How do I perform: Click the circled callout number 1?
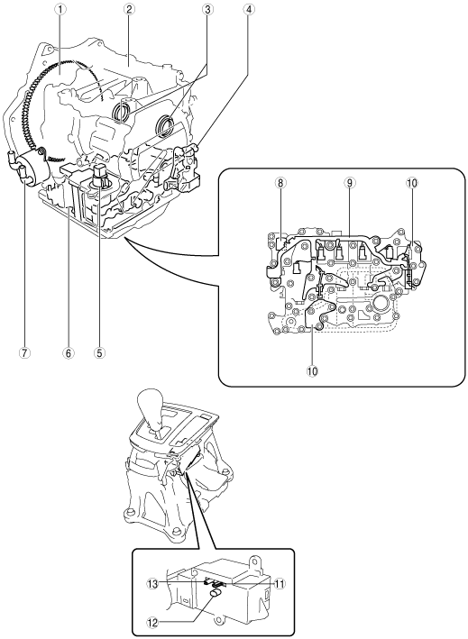point(60,9)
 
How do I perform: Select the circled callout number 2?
point(128,9)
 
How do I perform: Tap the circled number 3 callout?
point(207,9)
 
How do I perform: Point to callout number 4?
point(247,9)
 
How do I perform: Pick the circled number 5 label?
point(99,352)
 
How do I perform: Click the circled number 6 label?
point(68,352)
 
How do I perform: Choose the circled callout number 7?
point(24,352)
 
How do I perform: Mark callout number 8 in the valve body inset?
point(280,183)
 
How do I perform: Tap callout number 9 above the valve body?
point(349,183)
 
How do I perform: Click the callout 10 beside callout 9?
point(412,183)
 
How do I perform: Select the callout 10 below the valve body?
point(313,370)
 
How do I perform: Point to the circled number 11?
point(280,584)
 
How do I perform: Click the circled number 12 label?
point(152,622)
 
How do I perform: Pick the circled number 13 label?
point(152,584)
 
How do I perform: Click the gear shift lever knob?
point(152,409)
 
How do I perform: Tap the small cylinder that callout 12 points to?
point(216,596)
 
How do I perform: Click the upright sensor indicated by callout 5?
point(101,175)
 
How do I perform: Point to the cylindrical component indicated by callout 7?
point(32,168)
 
